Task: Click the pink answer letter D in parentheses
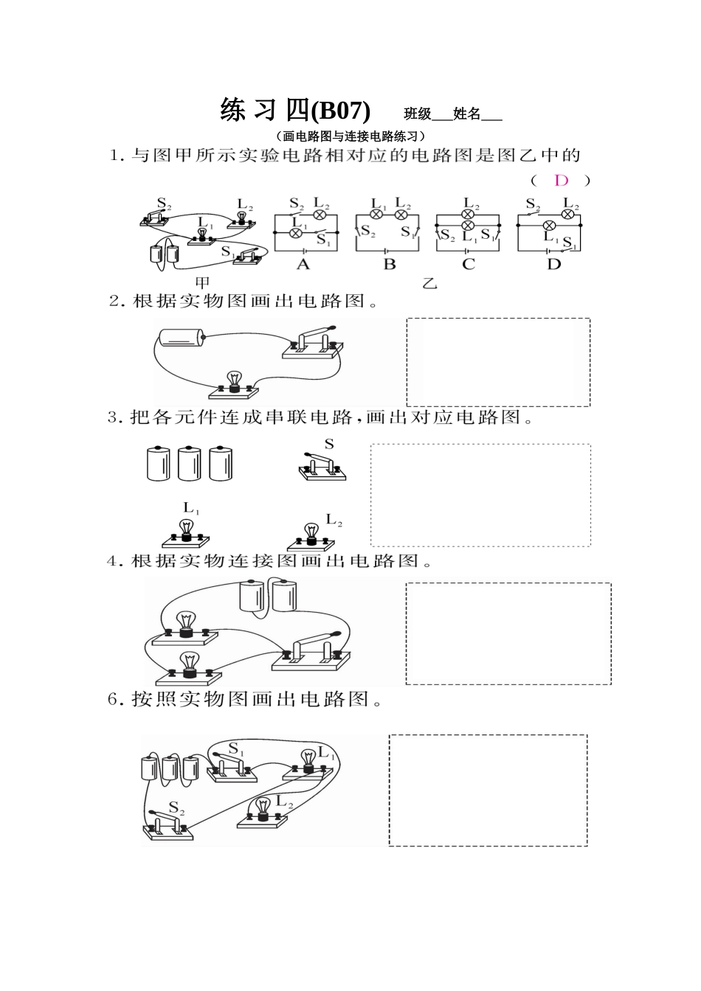click(x=562, y=181)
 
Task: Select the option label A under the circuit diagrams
click(x=303, y=265)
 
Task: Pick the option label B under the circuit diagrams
click(x=390, y=265)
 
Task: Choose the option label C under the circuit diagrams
click(x=469, y=265)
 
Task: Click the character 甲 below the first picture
click(x=202, y=282)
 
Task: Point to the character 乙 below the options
click(x=429, y=282)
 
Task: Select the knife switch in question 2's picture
click(x=314, y=343)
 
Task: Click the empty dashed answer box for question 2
click(x=498, y=362)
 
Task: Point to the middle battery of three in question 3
click(x=190, y=464)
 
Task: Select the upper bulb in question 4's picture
click(x=184, y=625)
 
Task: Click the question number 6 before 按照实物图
click(x=114, y=700)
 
